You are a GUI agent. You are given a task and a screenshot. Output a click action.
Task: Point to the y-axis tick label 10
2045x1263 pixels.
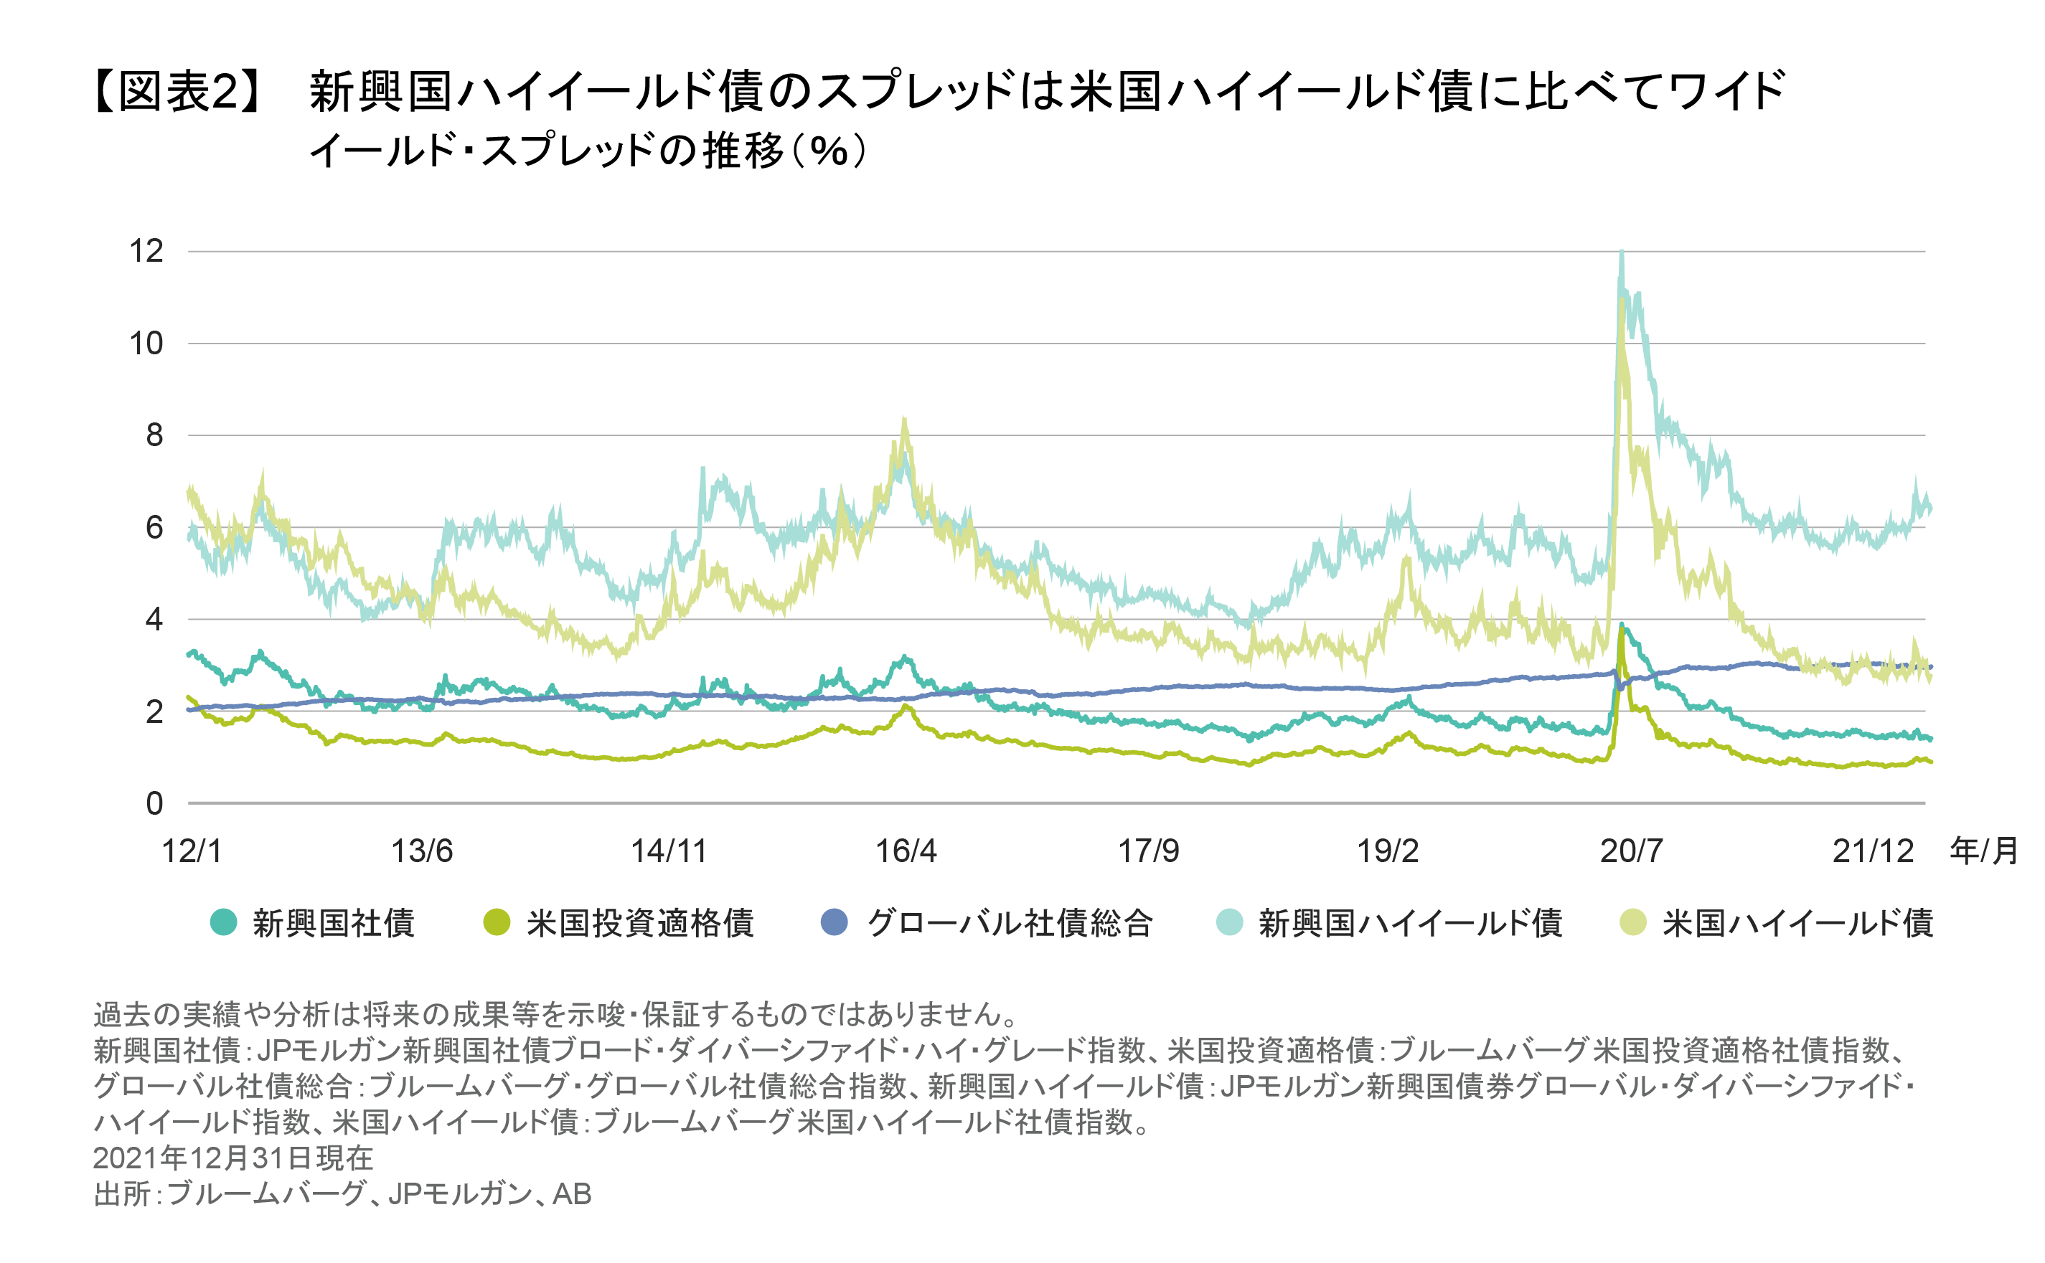tap(146, 344)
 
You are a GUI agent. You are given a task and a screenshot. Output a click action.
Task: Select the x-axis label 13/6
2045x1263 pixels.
tap(421, 851)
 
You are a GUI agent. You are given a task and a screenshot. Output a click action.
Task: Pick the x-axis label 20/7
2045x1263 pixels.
tap(1630, 851)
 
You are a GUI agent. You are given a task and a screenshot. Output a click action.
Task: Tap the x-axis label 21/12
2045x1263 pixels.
tap(1873, 851)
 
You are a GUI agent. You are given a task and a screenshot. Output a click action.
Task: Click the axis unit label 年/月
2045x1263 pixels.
tap(1984, 851)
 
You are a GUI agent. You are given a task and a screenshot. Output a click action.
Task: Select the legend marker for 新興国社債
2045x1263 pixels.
tap(223, 922)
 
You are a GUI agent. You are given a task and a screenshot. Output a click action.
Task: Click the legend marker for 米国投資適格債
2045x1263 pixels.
tap(497, 922)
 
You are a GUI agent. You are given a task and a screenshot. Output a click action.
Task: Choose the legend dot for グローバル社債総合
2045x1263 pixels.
tap(834, 922)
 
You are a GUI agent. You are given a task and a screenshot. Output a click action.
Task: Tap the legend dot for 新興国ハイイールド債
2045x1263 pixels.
tap(1229, 922)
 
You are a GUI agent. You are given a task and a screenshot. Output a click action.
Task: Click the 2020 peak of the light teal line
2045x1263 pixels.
tap(1622, 252)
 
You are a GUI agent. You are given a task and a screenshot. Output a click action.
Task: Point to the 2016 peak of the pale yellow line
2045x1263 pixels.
tap(904, 420)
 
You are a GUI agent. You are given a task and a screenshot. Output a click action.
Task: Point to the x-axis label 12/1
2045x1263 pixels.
tap(192, 851)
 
